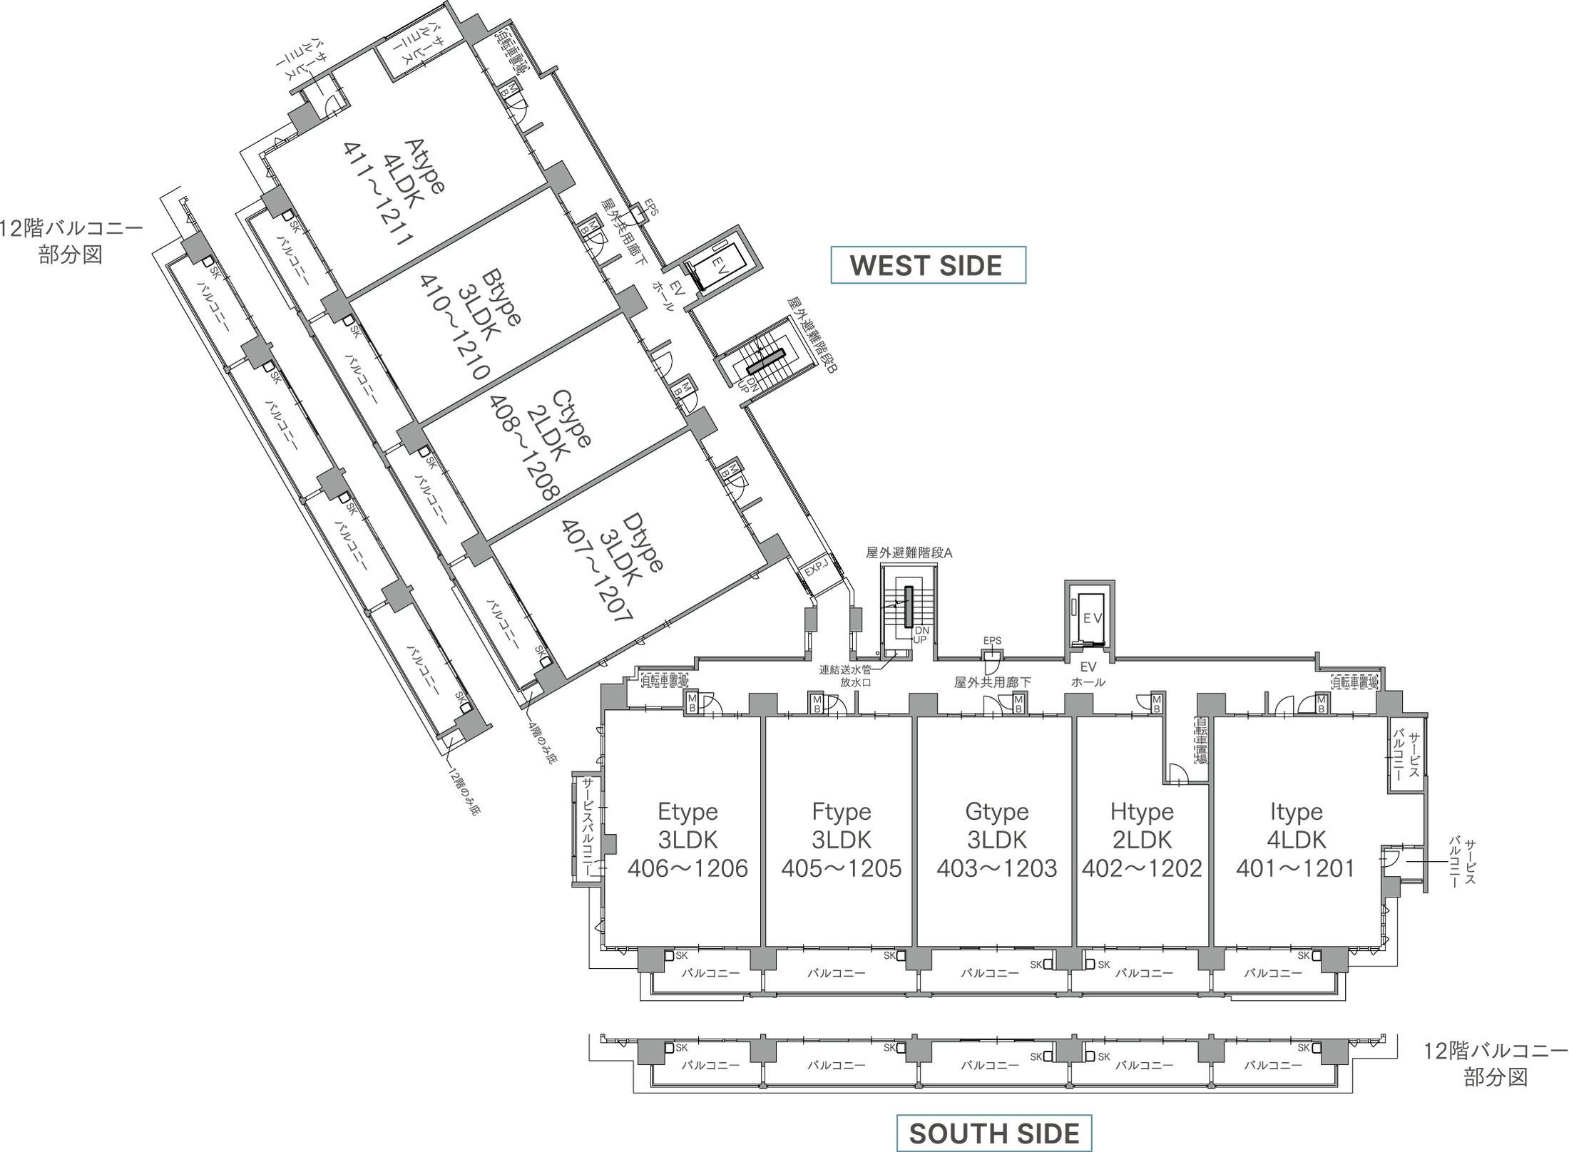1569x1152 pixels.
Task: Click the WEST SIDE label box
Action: point(928,265)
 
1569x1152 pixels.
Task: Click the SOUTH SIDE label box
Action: point(994,1133)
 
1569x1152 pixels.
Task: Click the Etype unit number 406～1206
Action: point(688,868)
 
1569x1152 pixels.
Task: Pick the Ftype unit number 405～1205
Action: point(842,868)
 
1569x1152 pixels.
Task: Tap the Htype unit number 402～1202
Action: point(1142,868)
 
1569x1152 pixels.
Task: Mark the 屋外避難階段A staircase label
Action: point(909,552)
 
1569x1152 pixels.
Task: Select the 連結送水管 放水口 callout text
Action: point(845,676)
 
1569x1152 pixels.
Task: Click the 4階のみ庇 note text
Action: point(541,743)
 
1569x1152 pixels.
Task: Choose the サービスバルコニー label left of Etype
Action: point(588,826)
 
